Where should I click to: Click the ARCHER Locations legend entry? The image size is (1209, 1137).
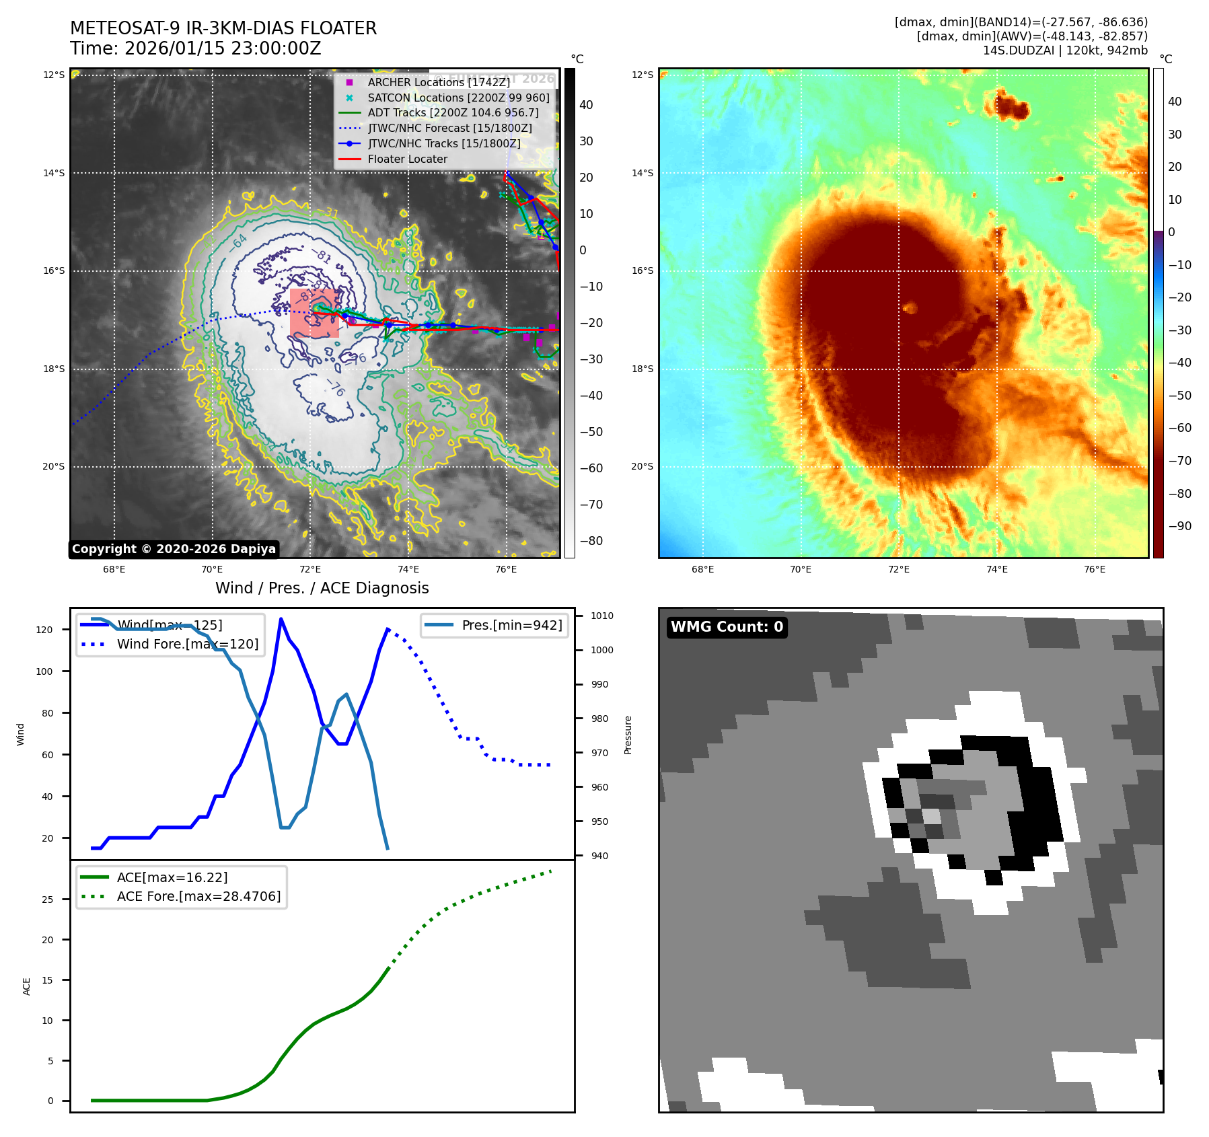[x=439, y=82]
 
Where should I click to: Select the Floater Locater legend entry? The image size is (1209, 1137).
[x=407, y=159]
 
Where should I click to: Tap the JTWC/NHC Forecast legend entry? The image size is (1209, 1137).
[x=449, y=128]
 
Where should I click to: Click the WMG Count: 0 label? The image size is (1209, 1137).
[x=727, y=627]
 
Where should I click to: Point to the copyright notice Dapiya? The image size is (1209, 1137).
[x=174, y=549]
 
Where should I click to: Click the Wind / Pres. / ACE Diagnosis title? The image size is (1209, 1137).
[x=322, y=588]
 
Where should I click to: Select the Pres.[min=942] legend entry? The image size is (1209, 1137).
[x=511, y=625]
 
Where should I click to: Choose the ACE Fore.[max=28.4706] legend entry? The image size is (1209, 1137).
[x=198, y=896]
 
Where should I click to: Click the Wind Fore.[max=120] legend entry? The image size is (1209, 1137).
[x=187, y=644]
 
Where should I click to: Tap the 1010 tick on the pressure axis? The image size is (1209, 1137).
[x=602, y=616]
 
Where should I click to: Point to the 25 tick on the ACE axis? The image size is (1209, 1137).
[x=48, y=900]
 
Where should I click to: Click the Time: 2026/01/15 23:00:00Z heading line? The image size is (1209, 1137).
[x=196, y=48]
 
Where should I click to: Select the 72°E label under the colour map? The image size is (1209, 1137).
[x=898, y=569]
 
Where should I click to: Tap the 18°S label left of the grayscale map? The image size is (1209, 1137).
[x=54, y=369]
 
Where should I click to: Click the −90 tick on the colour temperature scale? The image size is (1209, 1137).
[x=1180, y=526]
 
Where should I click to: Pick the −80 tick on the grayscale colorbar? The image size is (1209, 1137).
[x=591, y=541]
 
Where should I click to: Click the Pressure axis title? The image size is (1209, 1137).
[x=628, y=735]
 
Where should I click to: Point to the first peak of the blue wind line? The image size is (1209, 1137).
[x=281, y=619]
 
